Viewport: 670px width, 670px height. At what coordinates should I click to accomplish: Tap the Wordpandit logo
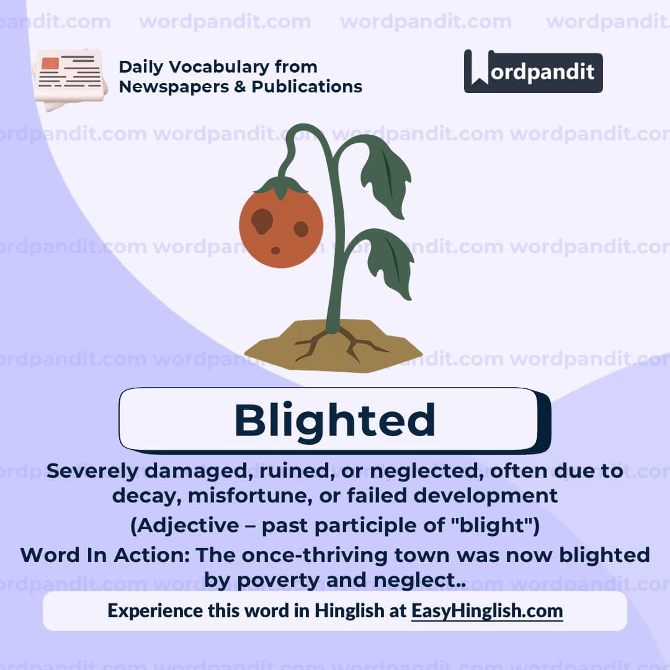[x=533, y=72]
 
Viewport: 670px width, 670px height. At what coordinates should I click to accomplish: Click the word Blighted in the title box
[x=334, y=420]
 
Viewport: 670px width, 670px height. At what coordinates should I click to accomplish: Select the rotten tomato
[x=281, y=227]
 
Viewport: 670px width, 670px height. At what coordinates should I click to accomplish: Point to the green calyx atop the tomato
[x=281, y=185]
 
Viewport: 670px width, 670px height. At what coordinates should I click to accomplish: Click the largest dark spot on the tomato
[x=262, y=221]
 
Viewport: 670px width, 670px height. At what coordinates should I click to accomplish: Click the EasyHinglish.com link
[x=487, y=610]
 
